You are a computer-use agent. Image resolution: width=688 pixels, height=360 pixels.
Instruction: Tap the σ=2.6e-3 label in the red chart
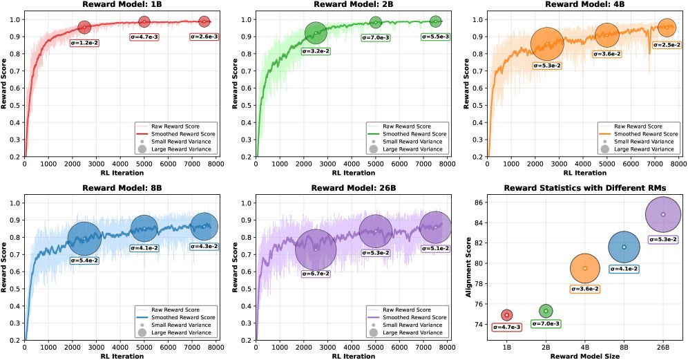click(204, 36)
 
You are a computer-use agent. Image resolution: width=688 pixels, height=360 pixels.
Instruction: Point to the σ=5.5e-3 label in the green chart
click(435, 36)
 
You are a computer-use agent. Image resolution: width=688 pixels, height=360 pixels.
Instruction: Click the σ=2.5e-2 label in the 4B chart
click(665, 45)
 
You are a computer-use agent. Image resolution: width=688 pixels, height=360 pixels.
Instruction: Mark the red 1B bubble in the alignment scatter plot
click(507, 315)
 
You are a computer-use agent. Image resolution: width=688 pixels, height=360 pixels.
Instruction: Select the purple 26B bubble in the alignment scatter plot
click(663, 214)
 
